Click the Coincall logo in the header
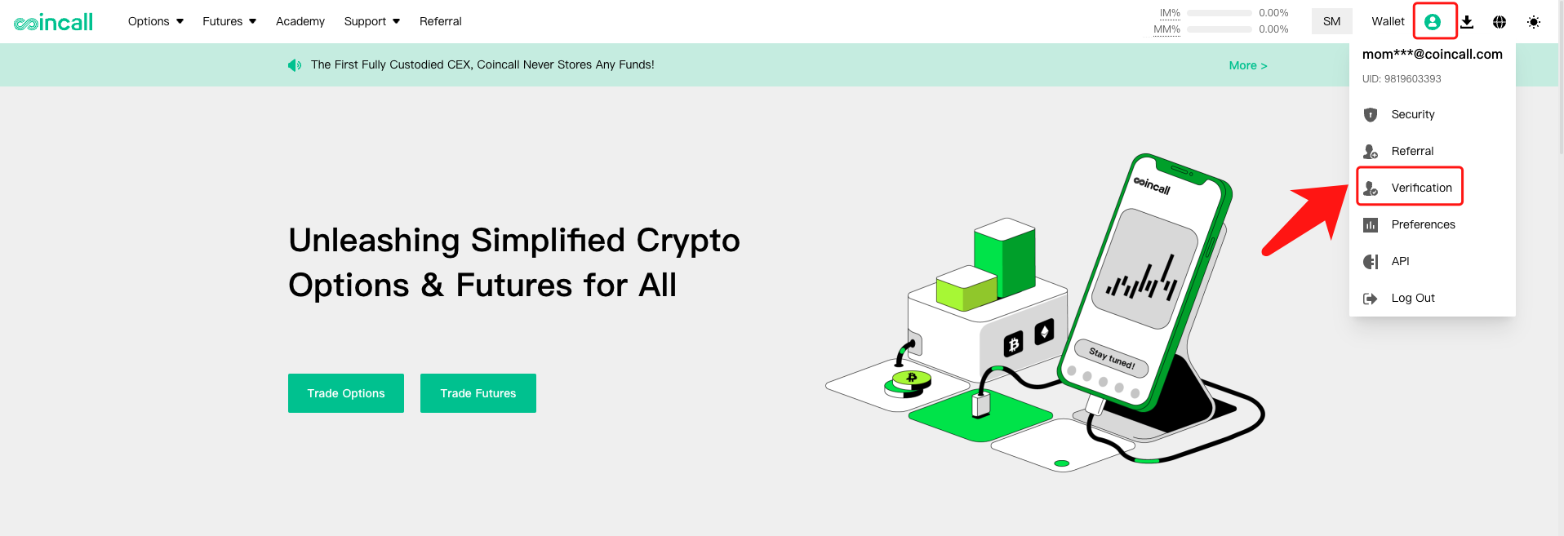[54, 22]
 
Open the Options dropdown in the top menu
[156, 21]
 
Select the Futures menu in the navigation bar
[229, 21]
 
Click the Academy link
[300, 21]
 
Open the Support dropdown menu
[372, 21]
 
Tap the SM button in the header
[1332, 21]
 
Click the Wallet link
[1388, 21]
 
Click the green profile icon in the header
[1433, 22]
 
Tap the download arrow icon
[1467, 22]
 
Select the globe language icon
[1500, 22]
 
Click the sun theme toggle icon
[1534, 22]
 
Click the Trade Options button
[346, 393]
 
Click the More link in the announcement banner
[1248, 65]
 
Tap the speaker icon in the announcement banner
[295, 65]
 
